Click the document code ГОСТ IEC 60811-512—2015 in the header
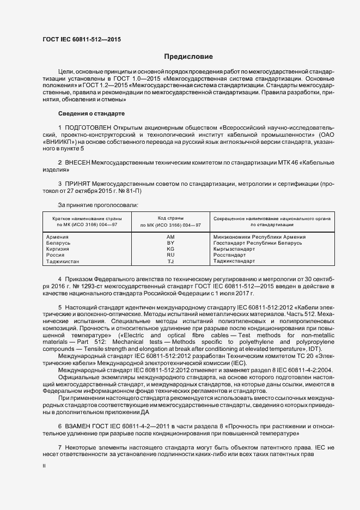click(x=82, y=40)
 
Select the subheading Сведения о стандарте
click(x=91, y=113)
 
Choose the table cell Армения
click(x=57, y=237)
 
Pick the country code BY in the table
click(x=170, y=243)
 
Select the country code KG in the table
click(x=170, y=249)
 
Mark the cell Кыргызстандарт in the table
click(x=235, y=249)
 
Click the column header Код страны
click(x=170, y=218)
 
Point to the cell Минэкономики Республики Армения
click(x=259, y=237)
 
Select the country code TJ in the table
click(x=170, y=262)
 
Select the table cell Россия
click(x=55, y=255)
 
